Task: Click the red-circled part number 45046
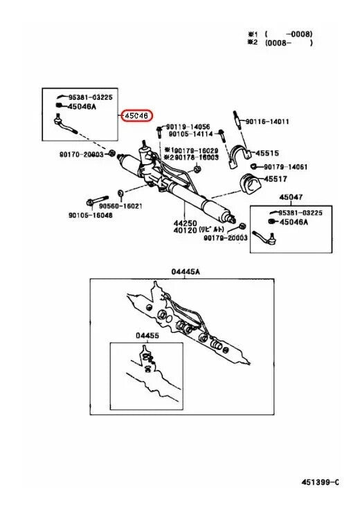tap(136, 116)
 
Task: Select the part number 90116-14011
tap(267, 121)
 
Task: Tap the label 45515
tap(267, 153)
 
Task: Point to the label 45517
tap(276, 179)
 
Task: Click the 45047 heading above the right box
tap(291, 197)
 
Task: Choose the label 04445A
tap(186, 271)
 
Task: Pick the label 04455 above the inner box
tap(147, 335)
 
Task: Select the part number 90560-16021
tap(120, 206)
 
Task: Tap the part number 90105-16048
tap(91, 215)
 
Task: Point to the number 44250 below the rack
tap(185, 223)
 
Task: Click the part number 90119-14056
tap(188, 127)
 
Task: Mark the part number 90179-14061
tap(286, 167)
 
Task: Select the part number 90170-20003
tap(82, 155)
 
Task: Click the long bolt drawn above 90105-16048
tap(98, 200)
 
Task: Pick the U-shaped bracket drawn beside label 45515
tap(240, 155)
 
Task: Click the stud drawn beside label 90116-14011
tap(237, 121)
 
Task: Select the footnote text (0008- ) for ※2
tap(289, 42)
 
